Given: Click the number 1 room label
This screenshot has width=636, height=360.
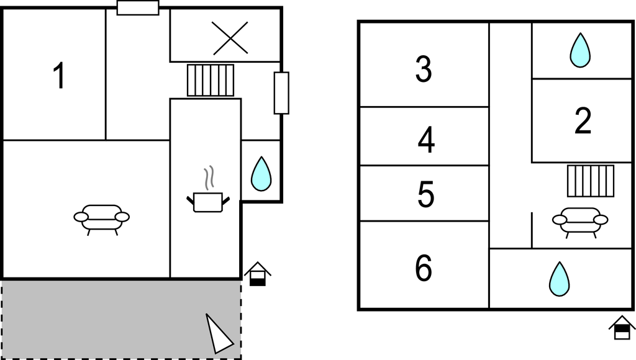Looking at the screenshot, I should tap(59, 76).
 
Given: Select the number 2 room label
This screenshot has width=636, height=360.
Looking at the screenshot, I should tap(583, 122).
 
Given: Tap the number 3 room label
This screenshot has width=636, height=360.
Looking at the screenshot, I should tap(424, 69).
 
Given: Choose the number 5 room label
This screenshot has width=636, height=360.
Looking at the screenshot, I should tap(426, 194).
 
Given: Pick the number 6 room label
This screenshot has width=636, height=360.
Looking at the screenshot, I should tap(424, 268).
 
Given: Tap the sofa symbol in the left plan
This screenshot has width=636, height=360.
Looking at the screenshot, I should tap(102, 218).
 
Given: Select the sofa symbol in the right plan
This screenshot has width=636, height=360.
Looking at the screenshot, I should tap(580, 221).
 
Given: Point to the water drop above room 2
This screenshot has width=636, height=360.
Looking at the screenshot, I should tap(580, 50).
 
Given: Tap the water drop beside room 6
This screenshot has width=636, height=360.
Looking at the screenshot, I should tap(559, 279).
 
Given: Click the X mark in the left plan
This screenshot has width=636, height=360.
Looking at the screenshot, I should tap(230, 37).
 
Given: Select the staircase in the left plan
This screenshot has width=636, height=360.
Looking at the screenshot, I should tap(211, 80).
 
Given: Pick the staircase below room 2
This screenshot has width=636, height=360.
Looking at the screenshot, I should tap(590, 181).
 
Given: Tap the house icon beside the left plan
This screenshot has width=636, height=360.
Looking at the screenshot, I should tap(258, 274).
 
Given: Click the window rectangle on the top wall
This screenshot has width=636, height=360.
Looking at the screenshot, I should tap(138, 7).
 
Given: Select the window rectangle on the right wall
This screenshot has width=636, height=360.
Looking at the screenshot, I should tap(281, 93).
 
